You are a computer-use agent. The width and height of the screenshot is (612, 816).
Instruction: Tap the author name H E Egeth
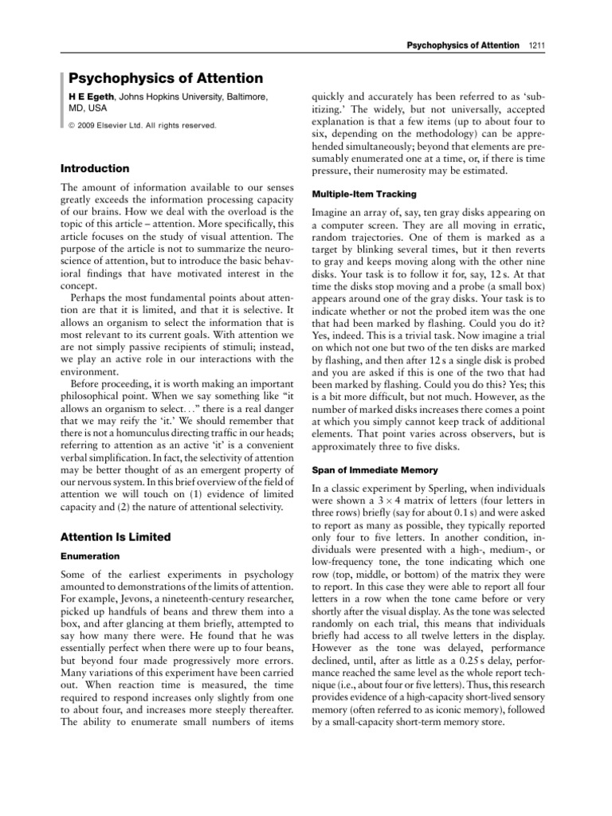[94, 96]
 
